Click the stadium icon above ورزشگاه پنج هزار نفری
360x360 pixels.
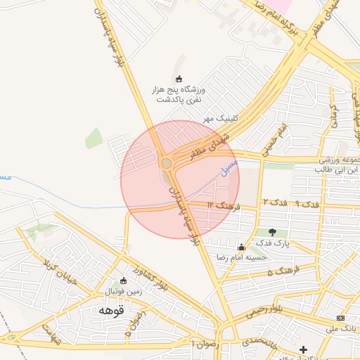[x=178, y=79]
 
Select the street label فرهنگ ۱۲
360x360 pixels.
[x=224, y=205]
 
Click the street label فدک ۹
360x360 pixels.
[x=307, y=204]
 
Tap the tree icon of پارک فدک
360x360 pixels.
[x=272, y=232]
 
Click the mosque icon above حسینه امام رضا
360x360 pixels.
[x=242, y=247]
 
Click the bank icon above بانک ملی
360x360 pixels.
[x=340, y=318]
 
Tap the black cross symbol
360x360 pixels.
[x=303, y=349]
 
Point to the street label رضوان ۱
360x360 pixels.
[x=205, y=344]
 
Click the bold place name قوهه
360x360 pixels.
[x=112, y=310]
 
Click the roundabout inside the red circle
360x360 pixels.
[x=166, y=164]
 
